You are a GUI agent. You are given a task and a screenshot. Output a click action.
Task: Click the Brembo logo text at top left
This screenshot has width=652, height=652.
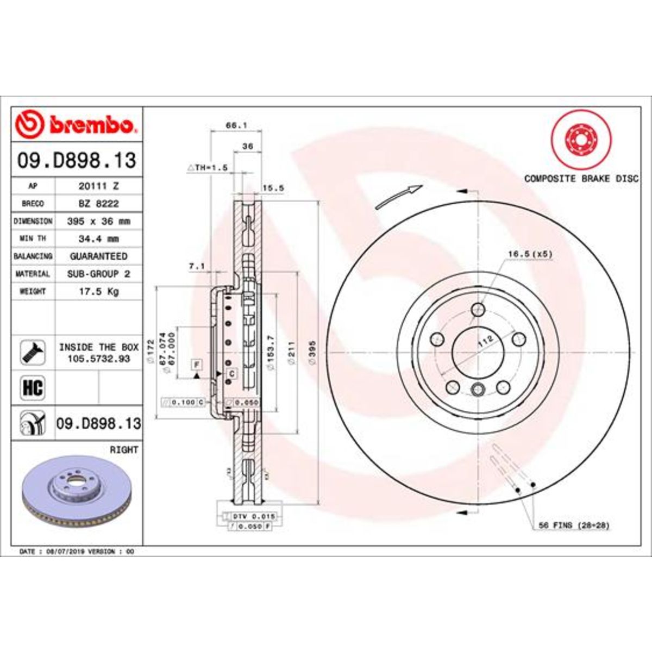pos(91,126)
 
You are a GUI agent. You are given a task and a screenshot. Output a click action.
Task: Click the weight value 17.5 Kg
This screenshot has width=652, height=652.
pos(99,292)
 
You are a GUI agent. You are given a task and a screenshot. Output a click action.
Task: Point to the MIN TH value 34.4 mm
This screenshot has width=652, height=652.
pos(99,239)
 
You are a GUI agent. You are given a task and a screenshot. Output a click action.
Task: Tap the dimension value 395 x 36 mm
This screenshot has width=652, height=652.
pos(99,221)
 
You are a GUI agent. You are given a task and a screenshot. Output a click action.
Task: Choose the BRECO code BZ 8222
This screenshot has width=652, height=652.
pos(99,203)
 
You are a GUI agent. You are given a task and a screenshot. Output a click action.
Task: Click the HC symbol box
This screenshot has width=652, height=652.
pos(33,388)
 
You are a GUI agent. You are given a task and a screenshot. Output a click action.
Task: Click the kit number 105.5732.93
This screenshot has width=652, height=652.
pos(99,359)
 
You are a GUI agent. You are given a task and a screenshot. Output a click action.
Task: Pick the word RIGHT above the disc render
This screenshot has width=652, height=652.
pos(124,450)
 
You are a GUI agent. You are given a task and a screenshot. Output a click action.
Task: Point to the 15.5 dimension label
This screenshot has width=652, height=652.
pos(273,189)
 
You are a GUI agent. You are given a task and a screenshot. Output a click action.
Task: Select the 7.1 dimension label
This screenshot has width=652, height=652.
pos(196,266)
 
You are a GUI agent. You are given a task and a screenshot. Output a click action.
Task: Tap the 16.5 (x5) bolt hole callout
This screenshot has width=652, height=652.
pos(526,254)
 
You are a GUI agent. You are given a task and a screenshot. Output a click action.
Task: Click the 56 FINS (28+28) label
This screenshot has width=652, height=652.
pos(574,525)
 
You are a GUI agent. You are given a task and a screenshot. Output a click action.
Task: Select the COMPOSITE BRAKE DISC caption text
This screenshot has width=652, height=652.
pos(581,179)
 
